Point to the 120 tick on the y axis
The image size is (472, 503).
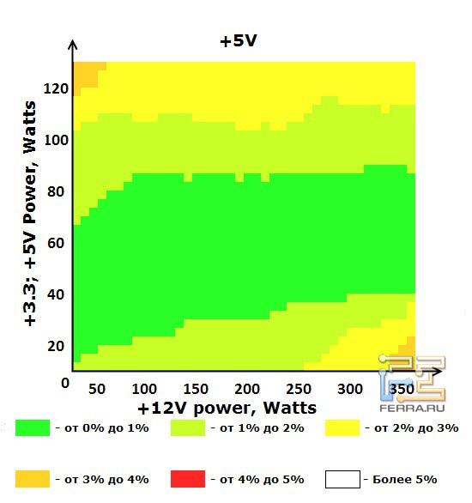point(55,88)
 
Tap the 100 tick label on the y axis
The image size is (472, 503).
point(55,140)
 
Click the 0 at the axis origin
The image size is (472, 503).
point(64,383)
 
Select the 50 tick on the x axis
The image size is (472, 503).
point(97,389)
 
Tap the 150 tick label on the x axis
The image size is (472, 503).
point(197,389)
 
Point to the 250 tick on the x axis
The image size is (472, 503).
point(298,389)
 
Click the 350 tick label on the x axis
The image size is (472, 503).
point(395,389)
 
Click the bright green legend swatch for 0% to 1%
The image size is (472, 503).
point(33,427)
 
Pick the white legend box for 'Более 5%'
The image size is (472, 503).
point(342,478)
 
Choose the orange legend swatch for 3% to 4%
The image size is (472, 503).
point(33,478)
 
